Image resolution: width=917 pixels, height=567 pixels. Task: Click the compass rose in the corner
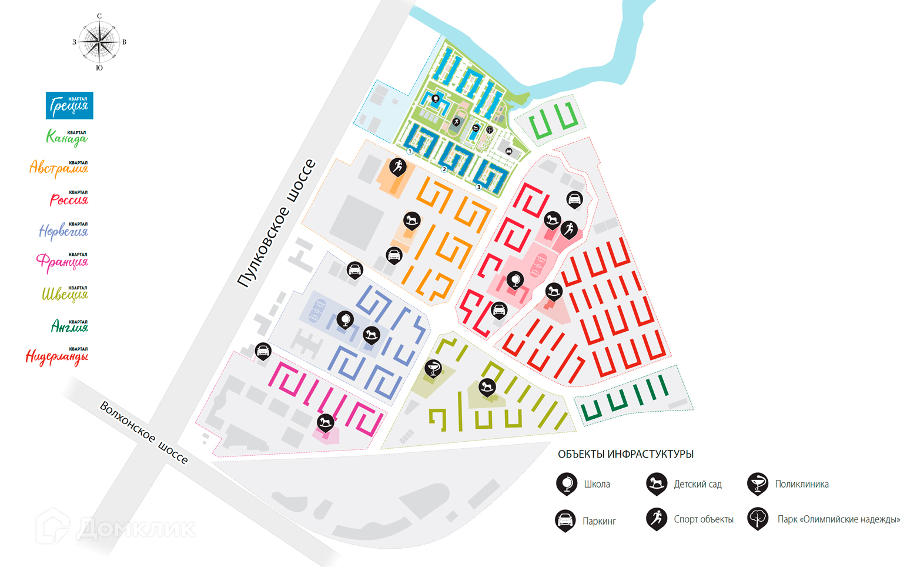tap(99, 42)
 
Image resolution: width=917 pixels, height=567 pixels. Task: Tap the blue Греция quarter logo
tap(69, 105)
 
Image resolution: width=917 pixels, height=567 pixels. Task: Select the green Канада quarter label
tap(67, 138)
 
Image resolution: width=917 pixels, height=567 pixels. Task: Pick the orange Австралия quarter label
tap(59, 168)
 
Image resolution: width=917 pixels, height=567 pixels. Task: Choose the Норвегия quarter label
tap(63, 231)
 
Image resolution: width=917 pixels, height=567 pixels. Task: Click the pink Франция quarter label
tap(62, 261)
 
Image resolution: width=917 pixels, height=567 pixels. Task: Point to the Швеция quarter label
tap(65, 293)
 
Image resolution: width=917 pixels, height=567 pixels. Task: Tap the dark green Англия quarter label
tap(69, 325)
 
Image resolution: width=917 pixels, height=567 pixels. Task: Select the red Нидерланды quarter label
tap(57, 356)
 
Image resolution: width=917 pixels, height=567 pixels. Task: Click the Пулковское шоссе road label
tap(276, 224)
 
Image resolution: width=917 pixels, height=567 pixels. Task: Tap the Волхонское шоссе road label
tap(144, 432)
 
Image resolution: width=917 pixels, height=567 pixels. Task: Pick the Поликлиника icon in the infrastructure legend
tap(758, 483)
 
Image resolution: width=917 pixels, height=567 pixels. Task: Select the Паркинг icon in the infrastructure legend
tap(565, 520)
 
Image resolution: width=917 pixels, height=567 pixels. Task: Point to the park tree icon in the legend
tap(758, 519)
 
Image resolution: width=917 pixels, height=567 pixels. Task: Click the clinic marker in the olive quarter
tap(433, 369)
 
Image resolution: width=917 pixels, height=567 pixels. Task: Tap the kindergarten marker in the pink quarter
tap(325, 422)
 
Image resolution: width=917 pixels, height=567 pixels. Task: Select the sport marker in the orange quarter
tap(398, 166)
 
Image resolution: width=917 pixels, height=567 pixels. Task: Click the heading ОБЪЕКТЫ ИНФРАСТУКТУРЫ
tap(625, 454)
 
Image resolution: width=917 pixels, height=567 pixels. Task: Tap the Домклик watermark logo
tap(115, 528)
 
